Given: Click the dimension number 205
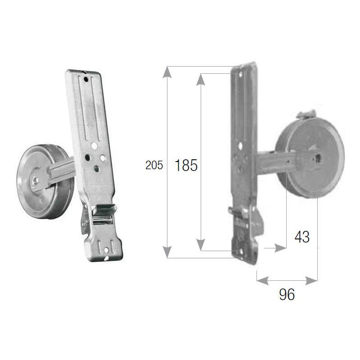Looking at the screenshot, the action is point(154,165).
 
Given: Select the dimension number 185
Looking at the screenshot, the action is point(186,165).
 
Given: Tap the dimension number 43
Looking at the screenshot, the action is point(302,237).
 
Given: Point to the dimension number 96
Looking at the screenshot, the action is point(287,294).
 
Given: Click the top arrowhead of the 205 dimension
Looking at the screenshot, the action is point(167,72).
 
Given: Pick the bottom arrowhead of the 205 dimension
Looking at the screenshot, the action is point(167,252).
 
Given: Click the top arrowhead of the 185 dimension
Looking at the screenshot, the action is point(201,80).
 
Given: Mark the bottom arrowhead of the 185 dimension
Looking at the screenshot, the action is point(201,245).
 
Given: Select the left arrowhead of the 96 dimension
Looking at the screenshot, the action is point(263,280).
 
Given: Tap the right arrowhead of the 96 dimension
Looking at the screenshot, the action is point(311,280).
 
